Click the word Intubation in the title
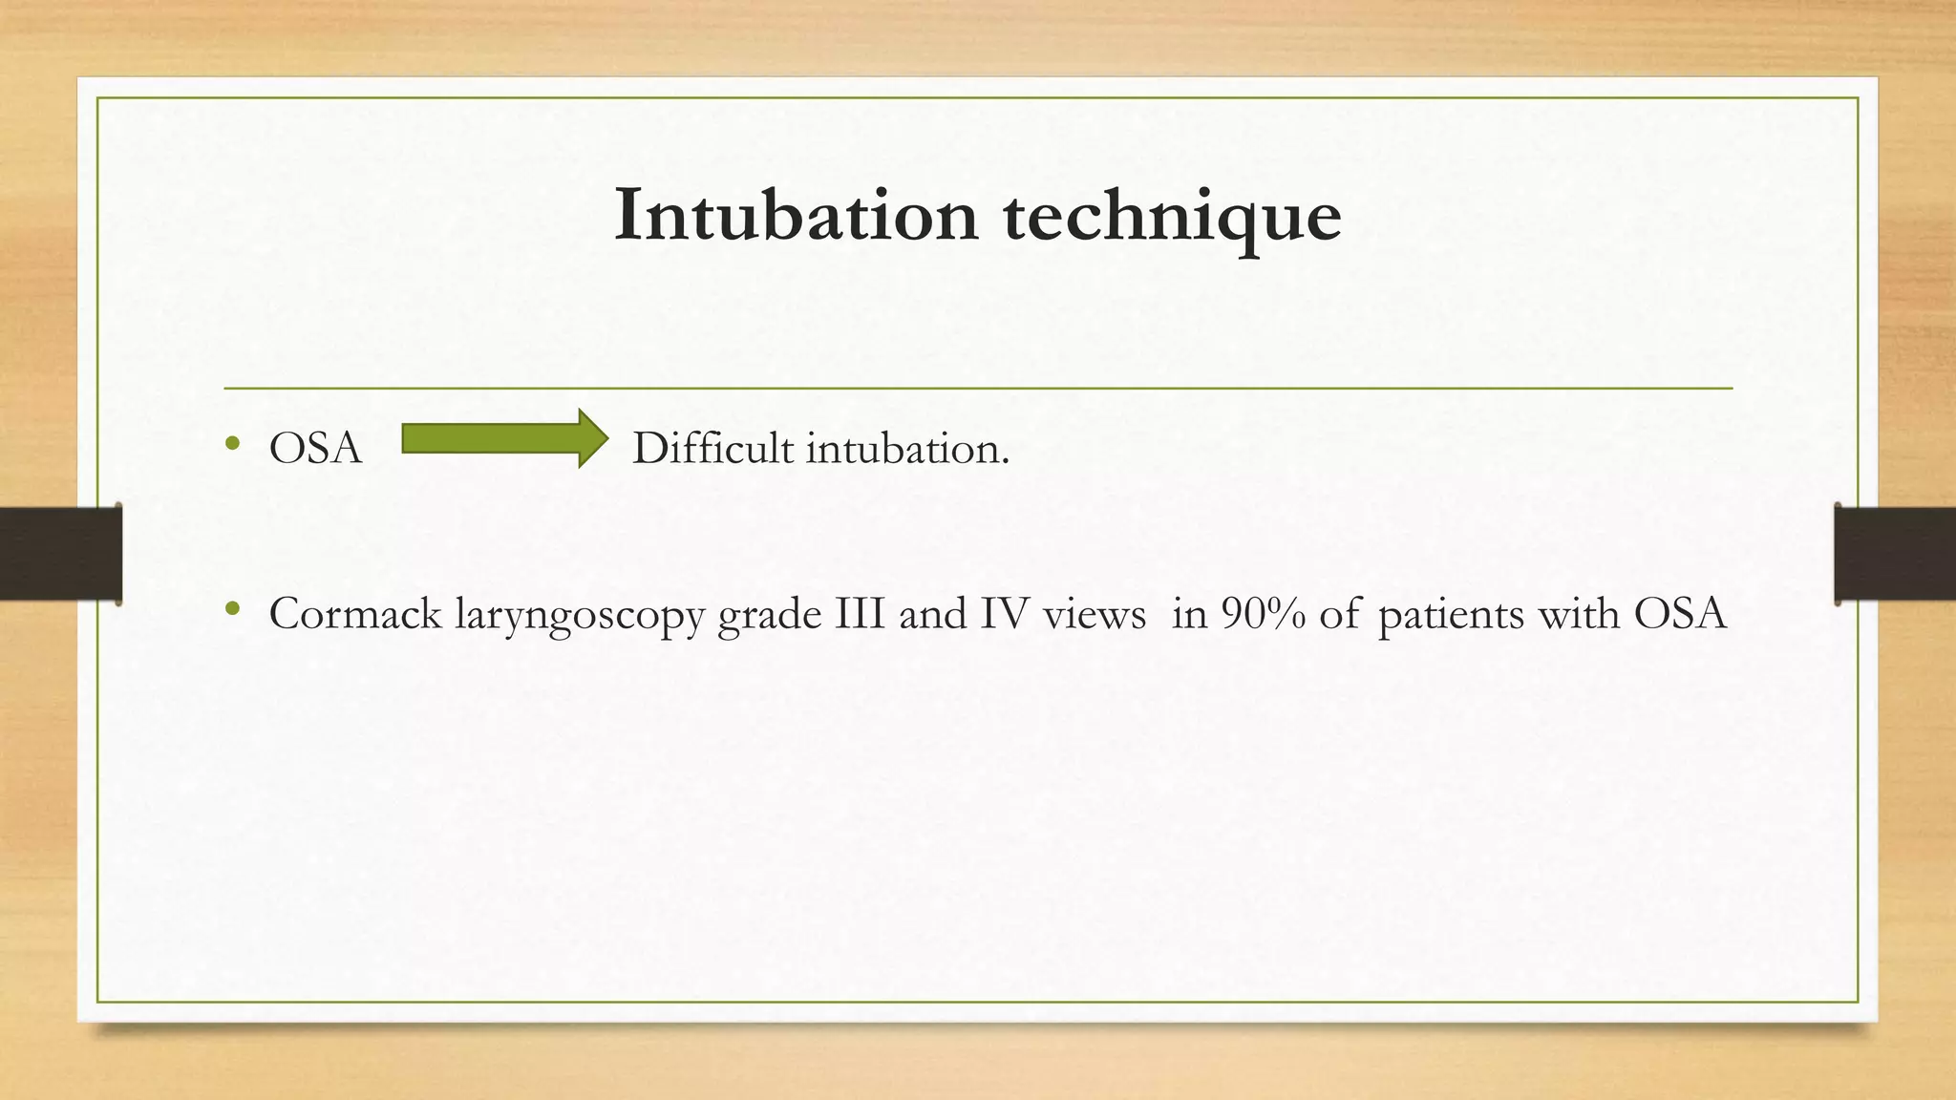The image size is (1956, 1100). pos(796,216)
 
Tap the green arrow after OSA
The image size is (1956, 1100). pos(504,438)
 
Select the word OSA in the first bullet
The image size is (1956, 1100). pos(315,449)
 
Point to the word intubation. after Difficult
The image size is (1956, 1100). pos(906,448)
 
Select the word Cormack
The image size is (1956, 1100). pos(354,613)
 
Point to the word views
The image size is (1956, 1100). pos(1094,614)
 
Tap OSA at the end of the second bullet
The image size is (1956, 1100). pos(1680,613)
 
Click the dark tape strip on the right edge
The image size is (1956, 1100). pos(1895,554)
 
